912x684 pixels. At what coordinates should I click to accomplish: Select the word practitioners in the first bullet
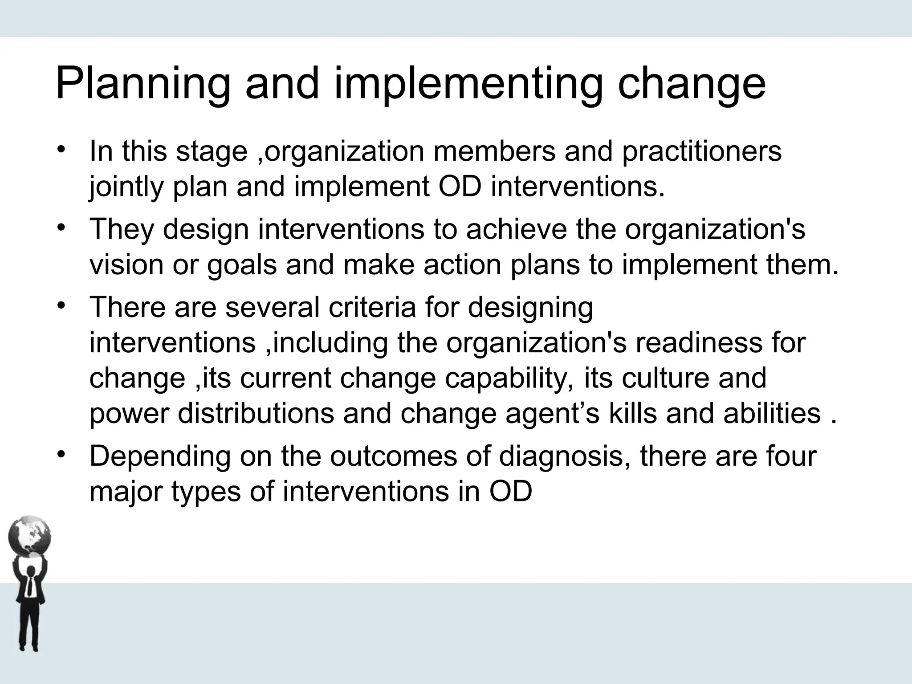(701, 151)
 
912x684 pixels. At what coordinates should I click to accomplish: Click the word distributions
(256, 413)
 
